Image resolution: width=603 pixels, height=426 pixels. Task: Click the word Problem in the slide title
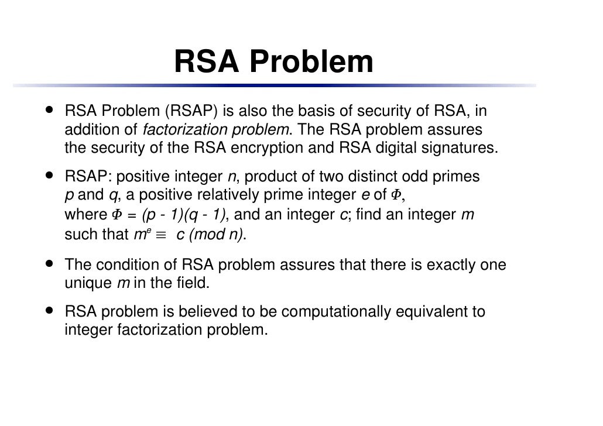tap(315, 62)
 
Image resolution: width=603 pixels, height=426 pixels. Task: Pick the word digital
tap(396, 147)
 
